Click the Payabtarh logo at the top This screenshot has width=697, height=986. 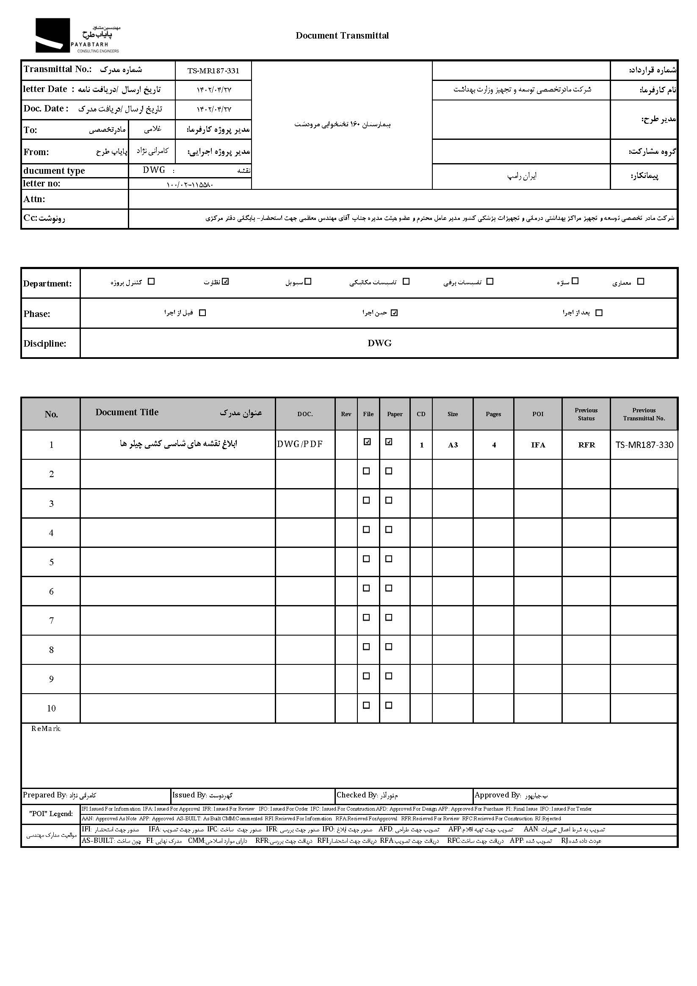click(77, 36)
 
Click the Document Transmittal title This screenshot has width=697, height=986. click(342, 36)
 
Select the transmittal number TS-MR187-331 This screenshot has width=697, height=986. click(213, 71)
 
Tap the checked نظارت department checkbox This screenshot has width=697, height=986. click(226, 282)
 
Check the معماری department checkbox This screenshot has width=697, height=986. click(640, 282)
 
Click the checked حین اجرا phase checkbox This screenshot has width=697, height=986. click(394, 313)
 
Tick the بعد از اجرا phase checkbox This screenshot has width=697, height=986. click(599, 313)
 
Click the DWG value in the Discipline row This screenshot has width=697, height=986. click(379, 343)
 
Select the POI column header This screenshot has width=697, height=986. click(538, 414)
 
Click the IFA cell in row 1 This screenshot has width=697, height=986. click(538, 445)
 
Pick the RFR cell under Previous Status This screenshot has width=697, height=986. click(586, 445)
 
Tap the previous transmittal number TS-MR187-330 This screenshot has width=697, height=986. click(644, 445)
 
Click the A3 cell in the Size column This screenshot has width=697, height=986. click(453, 445)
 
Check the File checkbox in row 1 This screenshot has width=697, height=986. click(367, 442)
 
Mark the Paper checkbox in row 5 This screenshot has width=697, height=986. click(389, 559)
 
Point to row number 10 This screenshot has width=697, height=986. click(51, 708)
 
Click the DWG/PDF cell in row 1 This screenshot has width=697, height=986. click(300, 444)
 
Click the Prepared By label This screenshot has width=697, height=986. click(44, 795)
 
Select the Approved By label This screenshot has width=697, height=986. click(498, 795)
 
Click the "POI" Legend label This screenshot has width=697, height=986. click(51, 814)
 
